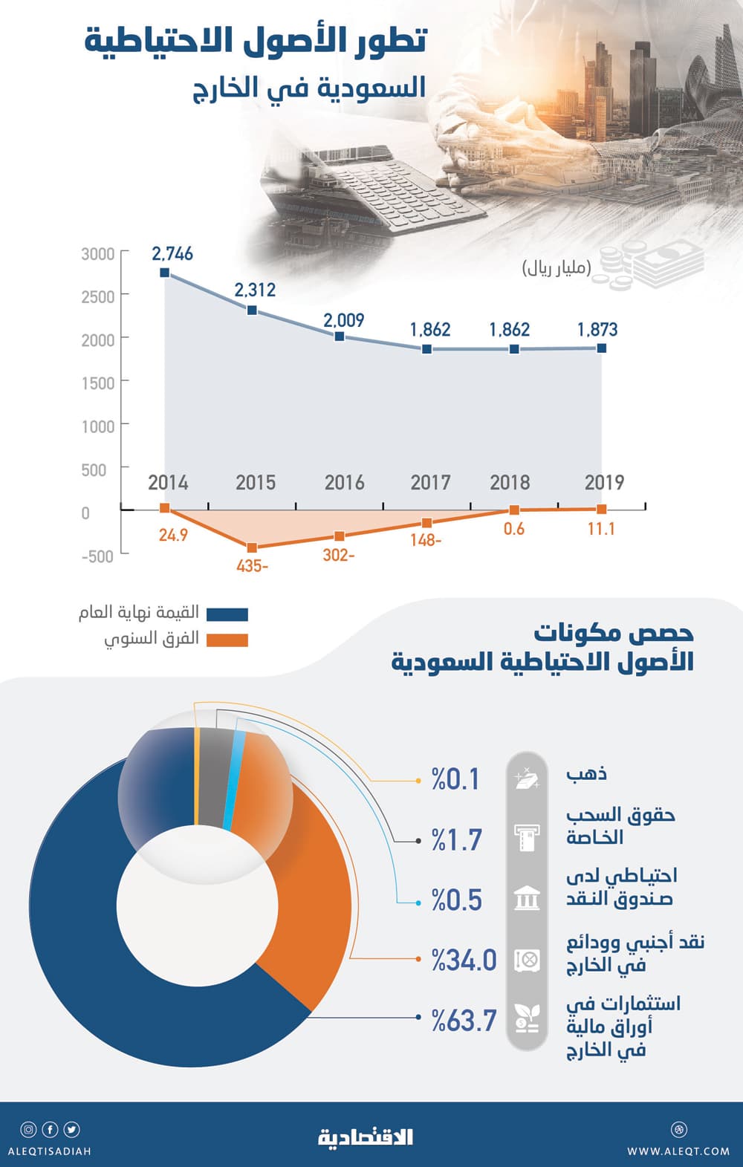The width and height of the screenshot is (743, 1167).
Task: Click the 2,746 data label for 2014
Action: [x=172, y=254]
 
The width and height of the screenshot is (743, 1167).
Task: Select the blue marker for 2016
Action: [x=340, y=337]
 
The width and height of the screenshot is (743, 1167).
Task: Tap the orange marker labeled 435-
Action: [x=252, y=547]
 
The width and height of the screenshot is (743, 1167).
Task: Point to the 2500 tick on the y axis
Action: [x=98, y=296]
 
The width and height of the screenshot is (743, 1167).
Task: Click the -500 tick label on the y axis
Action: [x=97, y=556]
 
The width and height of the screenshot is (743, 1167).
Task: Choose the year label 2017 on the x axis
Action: [x=430, y=483]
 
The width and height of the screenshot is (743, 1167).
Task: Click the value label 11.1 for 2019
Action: [x=600, y=529]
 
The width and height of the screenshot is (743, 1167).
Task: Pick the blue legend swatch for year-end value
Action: [x=227, y=614]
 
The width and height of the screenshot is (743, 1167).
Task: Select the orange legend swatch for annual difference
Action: [x=227, y=640]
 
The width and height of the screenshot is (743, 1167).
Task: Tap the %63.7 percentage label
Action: [x=464, y=1021]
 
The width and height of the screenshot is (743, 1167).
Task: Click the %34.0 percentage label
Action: [x=464, y=960]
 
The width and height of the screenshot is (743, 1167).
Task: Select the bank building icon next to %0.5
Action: [x=527, y=899]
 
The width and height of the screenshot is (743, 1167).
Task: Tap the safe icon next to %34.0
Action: [x=527, y=960]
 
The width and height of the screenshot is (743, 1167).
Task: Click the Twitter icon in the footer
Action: [x=71, y=1130]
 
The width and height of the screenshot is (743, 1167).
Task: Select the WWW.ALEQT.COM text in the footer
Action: [x=678, y=1151]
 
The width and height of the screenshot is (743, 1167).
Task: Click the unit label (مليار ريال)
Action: [x=557, y=268]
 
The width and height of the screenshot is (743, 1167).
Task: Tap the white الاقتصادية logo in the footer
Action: [x=366, y=1137]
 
